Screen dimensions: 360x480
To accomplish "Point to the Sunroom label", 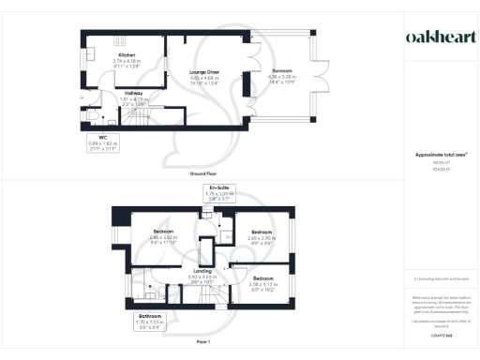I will pos(281,74).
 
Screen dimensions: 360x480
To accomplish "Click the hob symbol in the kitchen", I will pos(120,40).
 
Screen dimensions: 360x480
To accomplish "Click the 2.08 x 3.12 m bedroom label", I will pos(266,282).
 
